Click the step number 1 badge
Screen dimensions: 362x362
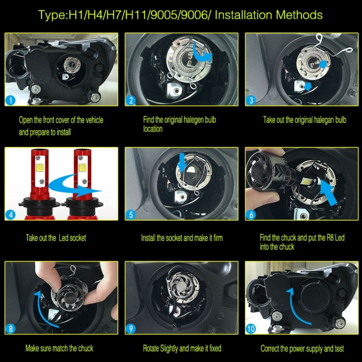(10, 100)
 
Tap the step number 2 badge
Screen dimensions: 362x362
(131, 100)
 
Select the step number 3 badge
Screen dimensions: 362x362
(251, 100)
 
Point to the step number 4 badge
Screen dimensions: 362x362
(10, 215)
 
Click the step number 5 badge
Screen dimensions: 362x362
(131, 215)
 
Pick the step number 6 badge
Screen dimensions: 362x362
(251, 215)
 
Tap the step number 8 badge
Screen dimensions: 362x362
(11, 329)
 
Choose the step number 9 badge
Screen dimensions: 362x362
(131, 329)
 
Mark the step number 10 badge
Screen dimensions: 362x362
(251, 329)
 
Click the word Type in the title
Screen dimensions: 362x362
(52, 15)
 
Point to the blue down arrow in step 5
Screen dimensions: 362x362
(182, 162)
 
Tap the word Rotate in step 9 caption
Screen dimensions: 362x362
(151, 348)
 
